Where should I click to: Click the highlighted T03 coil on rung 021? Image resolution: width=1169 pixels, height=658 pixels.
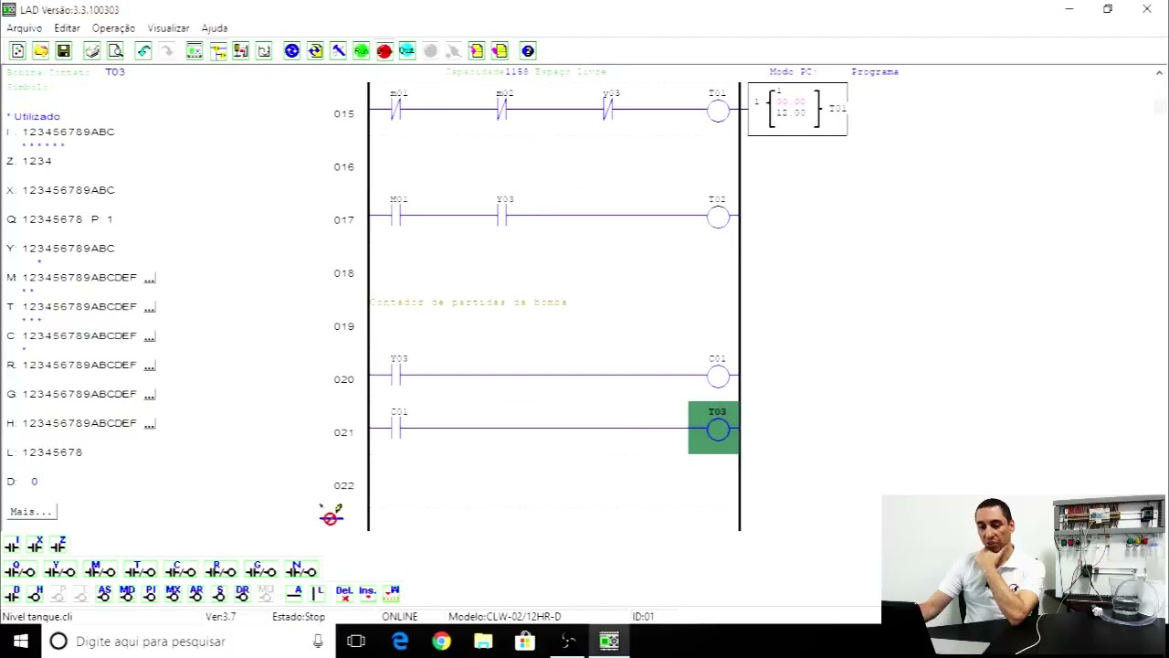click(x=717, y=429)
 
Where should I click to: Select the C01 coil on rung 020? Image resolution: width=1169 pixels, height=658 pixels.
click(x=718, y=376)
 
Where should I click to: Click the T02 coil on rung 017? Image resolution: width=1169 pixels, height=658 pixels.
click(x=718, y=217)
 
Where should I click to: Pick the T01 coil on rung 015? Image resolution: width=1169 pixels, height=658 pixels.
click(x=718, y=111)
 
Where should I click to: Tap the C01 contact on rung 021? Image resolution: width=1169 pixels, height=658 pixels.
click(x=396, y=428)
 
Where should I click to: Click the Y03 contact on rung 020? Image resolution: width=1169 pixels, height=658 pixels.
click(x=396, y=375)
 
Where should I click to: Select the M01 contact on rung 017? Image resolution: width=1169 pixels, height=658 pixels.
click(x=396, y=216)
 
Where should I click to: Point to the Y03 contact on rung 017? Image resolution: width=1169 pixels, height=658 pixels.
click(x=502, y=216)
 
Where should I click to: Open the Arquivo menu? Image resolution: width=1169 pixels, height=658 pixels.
click(x=25, y=28)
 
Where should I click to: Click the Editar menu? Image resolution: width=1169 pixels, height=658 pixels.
click(x=67, y=28)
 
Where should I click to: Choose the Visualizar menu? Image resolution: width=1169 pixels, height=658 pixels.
click(x=168, y=28)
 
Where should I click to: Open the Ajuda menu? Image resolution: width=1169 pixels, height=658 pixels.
click(x=215, y=28)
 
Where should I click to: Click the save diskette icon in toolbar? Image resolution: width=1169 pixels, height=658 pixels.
click(x=63, y=51)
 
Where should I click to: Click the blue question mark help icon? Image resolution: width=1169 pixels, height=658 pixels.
click(x=527, y=51)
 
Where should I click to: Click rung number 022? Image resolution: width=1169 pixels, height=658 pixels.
click(x=343, y=485)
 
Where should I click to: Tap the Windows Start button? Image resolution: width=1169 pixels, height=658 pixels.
click(x=20, y=642)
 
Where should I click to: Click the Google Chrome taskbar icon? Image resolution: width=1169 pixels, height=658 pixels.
click(x=441, y=642)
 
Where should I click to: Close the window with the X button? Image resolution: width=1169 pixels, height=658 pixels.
click(x=1147, y=9)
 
